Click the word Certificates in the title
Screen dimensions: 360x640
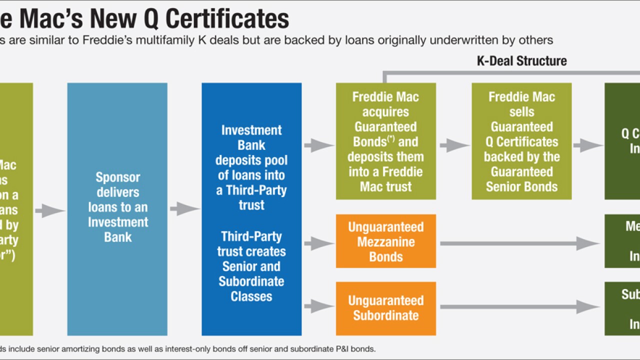(227, 18)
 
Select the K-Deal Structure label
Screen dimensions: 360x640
(521, 61)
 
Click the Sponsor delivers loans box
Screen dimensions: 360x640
(117, 209)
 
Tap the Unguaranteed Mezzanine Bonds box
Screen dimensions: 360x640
(385, 241)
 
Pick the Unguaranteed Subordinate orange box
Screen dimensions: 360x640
(385, 308)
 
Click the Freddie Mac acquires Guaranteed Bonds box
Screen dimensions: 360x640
(385, 141)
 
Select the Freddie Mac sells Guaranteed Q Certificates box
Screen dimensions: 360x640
(521, 141)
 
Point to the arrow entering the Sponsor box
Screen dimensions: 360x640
(50, 210)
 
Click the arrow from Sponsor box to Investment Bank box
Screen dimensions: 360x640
(184, 209)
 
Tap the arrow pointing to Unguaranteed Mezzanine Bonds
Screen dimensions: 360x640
(318, 243)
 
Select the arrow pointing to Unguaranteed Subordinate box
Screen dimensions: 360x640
(318, 306)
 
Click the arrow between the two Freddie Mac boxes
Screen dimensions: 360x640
(454, 145)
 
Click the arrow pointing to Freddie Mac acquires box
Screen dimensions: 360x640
(318, 145)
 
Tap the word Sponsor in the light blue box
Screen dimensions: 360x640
(118, 177)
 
